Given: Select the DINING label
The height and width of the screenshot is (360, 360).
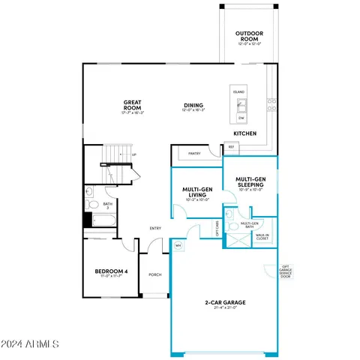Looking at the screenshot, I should [x=193, y=106].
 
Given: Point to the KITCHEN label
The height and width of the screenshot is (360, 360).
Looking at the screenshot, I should [x=244, y=132].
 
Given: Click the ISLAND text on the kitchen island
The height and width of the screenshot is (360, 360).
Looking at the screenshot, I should [x=238, y=91].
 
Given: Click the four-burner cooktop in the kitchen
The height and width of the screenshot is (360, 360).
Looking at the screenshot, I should [x=271, y=104].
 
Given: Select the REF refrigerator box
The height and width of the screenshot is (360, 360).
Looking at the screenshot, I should [x=231, y=148].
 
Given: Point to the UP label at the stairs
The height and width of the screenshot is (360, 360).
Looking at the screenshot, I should [x=133, y=155].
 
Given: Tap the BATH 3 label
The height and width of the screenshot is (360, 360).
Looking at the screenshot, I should [x=108, y=205].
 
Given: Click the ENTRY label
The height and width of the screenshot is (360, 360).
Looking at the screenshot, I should [x=155, y=229].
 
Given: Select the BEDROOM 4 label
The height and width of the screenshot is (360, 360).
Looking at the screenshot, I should [x=109, y=272].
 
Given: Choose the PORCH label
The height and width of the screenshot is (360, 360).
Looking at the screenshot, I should [x=155, y=274].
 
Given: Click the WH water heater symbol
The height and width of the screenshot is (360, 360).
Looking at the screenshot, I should [x=178, y=244].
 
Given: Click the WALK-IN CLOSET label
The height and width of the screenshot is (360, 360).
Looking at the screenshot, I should [x=262, y=237].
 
